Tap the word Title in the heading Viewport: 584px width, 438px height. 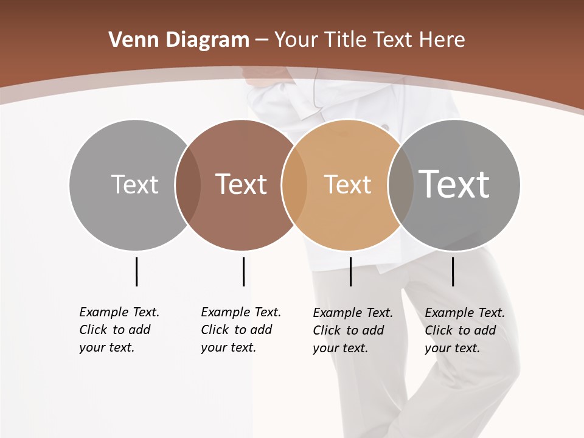(346, 40)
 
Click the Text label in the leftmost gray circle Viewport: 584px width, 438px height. (134, 184)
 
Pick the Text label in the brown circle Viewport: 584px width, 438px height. (241, 184)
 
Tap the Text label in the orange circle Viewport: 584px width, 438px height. (347, 184)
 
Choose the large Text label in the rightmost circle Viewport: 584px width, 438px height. (454, 184)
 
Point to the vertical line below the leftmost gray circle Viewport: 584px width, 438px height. (136, 271)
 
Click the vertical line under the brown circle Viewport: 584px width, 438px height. (243, 271)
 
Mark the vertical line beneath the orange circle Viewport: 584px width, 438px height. (350, 271)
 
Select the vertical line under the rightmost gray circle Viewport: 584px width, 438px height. (453, 271)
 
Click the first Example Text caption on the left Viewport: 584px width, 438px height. (119, 330)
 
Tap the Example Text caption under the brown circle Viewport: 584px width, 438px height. (241, 330)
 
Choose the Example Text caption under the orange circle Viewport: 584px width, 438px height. (353, 330)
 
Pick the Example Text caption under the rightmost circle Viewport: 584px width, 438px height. (465, 330)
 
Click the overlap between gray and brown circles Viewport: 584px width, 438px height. (188, 184)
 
